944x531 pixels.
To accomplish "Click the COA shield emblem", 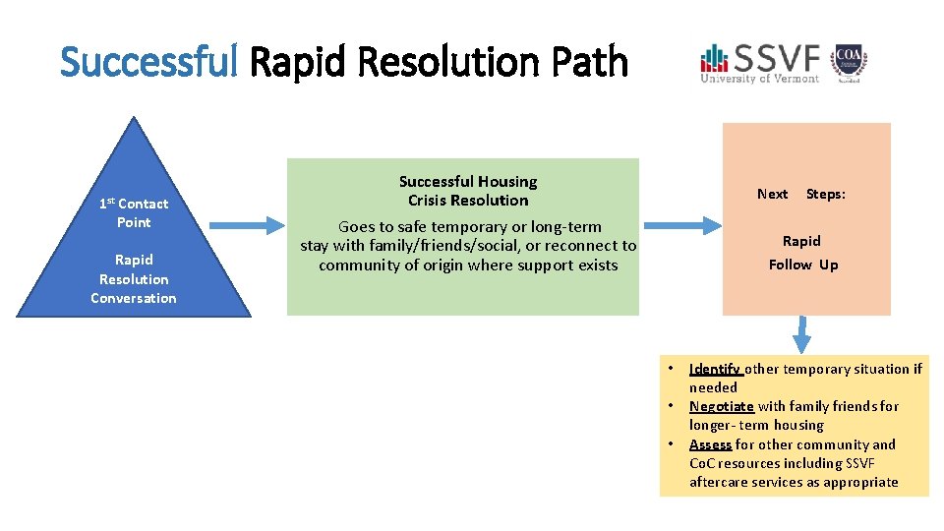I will pyautogui.click(x=849, y=61).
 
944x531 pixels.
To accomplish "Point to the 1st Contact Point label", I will pyautogui.click(x=134, y=212).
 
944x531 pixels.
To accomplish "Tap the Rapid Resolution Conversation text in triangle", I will pyautogui.click(x=134, y=279).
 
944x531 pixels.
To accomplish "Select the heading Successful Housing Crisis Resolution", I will pyautogui.click(x=468, y=191).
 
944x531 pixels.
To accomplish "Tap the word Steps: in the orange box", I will pyautogui.click(x=825, y=195).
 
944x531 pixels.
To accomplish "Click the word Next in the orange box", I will pyautogui.click(x=772, y=195).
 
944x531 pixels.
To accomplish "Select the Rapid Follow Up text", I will pyautogui.click(x=802, y=253).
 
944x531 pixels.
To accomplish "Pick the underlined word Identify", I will pyautogui.click(x=715, y=369).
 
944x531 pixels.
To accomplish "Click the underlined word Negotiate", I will pyautogui.click(x=721, y=406).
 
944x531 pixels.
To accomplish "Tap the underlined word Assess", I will pyautogui.click(x=710, y=444).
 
